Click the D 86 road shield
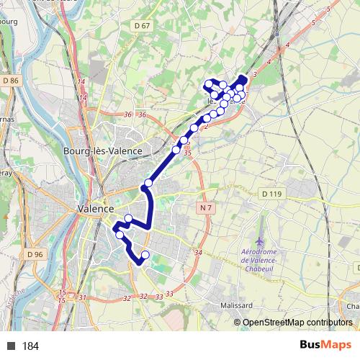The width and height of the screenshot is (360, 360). click(x=10, y=81)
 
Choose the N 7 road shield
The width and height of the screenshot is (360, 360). click(x=206, y=208)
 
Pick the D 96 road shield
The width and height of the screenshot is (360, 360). click(x=35, y=254)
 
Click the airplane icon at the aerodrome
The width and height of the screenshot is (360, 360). click(x=259, y=238)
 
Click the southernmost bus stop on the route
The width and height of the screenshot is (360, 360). click(x=145, y=254)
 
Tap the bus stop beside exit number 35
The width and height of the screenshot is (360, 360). click(x=176, y=150)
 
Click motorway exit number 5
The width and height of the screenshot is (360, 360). click(x=328, y=9)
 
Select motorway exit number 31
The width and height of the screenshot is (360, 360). click(x=83, y=297)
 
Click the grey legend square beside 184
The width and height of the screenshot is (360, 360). click(x=11, y=346)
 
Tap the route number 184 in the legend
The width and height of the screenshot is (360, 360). click(x=31, y=346)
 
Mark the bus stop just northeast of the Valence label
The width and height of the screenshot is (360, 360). click(x=128, y=219)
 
